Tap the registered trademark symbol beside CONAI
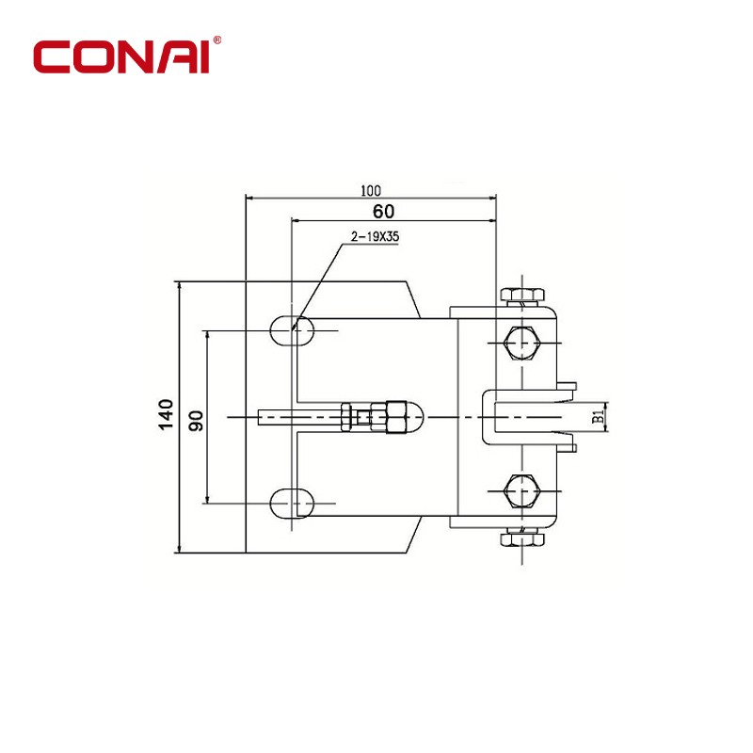tap(217, 40)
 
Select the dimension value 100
tap(371, 191)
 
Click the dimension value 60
tap(383, 211)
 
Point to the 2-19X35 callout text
tap(375, 237)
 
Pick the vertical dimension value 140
tap(167, 414)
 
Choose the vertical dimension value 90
tap(196, 421)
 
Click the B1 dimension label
tap(598, 416)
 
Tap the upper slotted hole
tap(292, 331)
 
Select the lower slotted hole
tap(292, 504)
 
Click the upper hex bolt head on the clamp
tap(521, 343)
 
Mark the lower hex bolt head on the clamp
tap(521, 490)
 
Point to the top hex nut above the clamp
tap(522, 295)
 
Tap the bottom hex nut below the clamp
tap(522, 539)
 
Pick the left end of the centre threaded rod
tap(258, 417)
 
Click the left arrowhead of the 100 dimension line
tap(249, 197)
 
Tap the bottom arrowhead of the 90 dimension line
tap(207, 499)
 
